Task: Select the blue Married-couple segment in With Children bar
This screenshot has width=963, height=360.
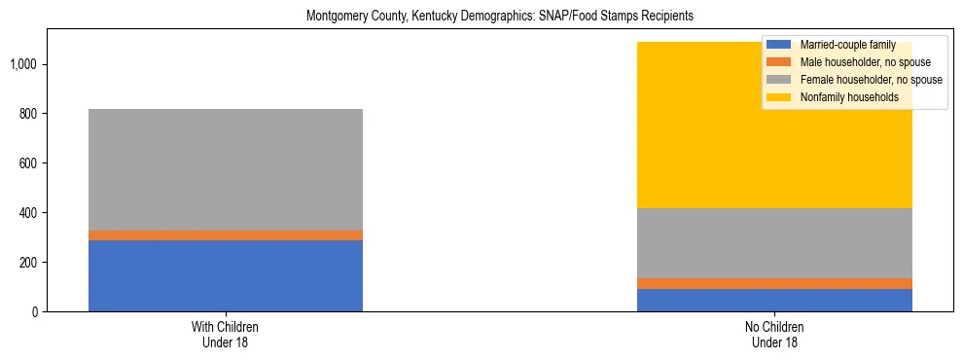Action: (226, 275)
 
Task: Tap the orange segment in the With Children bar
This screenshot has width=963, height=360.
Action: (226, 235)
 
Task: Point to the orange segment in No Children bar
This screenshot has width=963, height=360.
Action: (774, 283)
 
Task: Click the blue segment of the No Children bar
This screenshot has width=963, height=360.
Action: (774, 300)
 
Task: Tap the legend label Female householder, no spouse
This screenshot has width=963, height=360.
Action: (870, 80)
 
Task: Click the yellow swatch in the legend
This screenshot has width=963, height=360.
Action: (778, 97)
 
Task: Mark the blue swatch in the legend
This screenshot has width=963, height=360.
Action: (778, 45)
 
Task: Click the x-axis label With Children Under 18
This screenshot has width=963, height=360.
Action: (226, 335)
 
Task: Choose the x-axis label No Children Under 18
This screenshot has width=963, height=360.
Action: (774, 335)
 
